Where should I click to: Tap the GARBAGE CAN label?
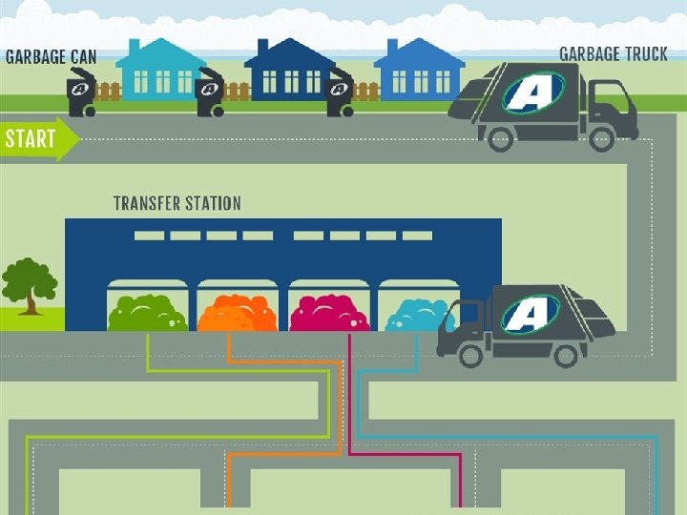point(52,56)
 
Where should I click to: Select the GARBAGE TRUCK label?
point(613,53)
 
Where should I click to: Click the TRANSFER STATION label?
point(177,203)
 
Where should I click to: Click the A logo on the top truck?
point(533,93)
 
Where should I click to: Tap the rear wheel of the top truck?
point(503,138)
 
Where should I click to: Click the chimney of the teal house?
point(134,47)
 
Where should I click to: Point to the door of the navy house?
point(289,83)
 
